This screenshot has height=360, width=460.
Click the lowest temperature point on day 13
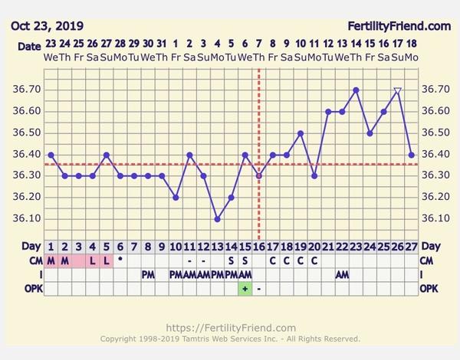pyautogui.click(x=218, y=219)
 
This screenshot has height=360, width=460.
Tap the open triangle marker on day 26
pyautogui.click(x=397, y=91)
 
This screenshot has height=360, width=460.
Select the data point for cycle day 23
pyautogui.click(x=356, y=90)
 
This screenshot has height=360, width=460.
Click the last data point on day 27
pyautogui.click(x=411, y=155)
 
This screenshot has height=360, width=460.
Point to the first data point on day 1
pyautogui.click(x=51, y=155)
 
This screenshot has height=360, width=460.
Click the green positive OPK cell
pyautogui.click(x=245, y=288)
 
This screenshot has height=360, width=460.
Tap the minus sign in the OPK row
pyautogui.click(x=259, y=288)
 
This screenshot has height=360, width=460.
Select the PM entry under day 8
pyautogui.click(x=148, y=274)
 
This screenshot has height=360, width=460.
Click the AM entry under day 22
pyautogui.click(x=342, y=274)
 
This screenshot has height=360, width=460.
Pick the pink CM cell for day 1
pyautogui.click(x=51, y=260)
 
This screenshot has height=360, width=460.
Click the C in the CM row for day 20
pyautogui.click(x=314, y=260)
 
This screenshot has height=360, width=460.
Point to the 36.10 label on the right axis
pyautogui.click(x=435, y=219)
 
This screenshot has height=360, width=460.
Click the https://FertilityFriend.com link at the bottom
pyautogui.click(x=230, y=327)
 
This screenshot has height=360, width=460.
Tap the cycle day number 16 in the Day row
pyautogui.click(x=258, y=247)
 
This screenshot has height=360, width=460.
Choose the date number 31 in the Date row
pyautogui.click(x=162, y=44)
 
